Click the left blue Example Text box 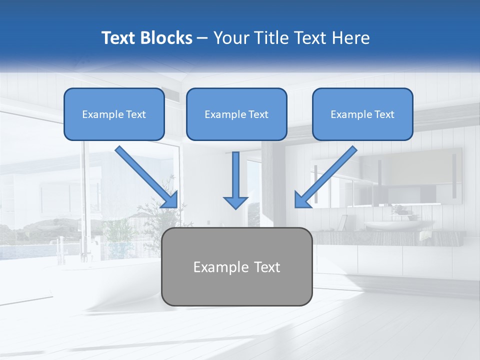[x=114, y=114]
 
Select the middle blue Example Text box [x=236, y=114]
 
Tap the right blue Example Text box [x=362, y=114]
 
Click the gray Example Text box [x=236, y=266]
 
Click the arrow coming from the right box [x=327, y=175]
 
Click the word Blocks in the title [x=167, y=38]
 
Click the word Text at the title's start [x=119, y=38]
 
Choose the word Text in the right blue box [x=384, y=114]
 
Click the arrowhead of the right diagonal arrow [x=302, y=199]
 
